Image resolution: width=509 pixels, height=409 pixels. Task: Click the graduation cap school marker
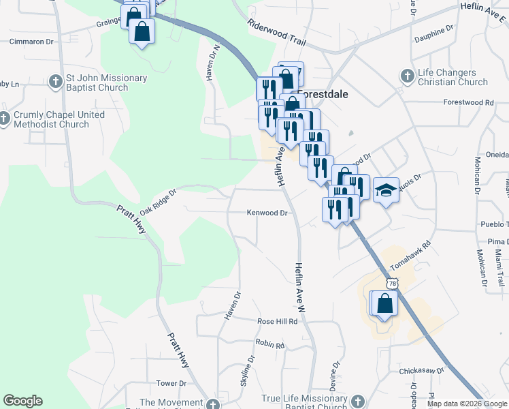pos(386,190)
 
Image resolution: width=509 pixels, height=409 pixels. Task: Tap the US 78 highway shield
pos(391,282)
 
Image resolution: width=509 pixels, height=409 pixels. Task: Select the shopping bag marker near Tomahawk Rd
pos(384,304)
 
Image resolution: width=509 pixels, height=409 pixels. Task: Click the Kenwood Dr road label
pos(267,213)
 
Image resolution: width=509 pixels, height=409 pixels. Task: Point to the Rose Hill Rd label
pos(278,321)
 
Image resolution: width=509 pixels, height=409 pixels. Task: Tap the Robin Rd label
pos(269,345)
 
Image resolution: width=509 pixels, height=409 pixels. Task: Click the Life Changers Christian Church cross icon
pos(407,75)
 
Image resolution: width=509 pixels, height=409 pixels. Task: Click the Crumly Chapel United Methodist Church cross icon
pos(3,120)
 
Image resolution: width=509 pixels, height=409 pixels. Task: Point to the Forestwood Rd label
pos(467,102)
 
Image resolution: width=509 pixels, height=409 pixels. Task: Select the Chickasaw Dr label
pos(422,371)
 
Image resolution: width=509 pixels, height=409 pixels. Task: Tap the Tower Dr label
pos(171,383)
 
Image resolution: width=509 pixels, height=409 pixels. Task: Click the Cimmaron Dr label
pos(31,42)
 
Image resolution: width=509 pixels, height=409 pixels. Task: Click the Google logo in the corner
pos(22,401)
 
